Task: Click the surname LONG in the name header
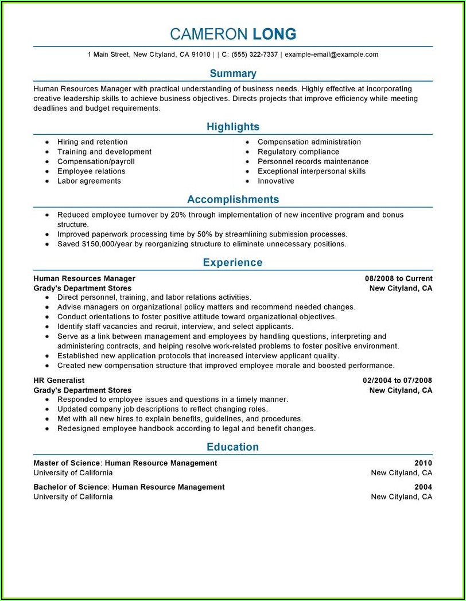274,34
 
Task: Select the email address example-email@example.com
331,55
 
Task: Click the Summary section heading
233,73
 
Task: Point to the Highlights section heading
233,127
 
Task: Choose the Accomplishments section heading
233,200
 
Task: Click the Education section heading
233,447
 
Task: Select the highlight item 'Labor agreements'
89,181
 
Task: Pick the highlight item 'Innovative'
275,181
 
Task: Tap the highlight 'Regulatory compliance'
298,152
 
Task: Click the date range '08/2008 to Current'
398,278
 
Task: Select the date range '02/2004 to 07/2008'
397,381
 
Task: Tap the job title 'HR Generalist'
59,381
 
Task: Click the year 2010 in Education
423,463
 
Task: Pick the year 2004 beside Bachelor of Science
423,487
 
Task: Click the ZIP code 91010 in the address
201,55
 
